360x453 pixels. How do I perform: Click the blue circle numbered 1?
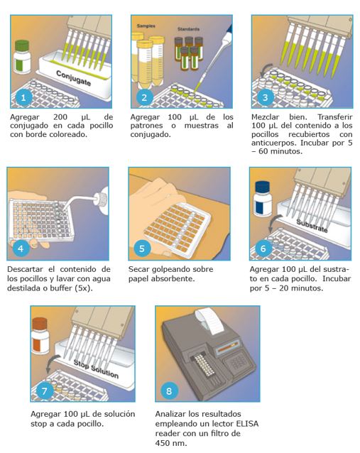tap(25, 97)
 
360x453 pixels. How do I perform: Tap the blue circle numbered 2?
tap(145, 97)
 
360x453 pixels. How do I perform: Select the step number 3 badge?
tap(265, 97)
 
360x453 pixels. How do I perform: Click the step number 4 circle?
tap(21, 249)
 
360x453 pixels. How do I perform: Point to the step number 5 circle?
tap(142, 249)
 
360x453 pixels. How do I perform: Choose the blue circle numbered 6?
tap(263, 249)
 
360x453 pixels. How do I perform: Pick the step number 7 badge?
tap(44, 390)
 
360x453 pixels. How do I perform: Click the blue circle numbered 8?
tap(169, 391)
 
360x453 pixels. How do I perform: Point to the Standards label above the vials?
tap(187, 29)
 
